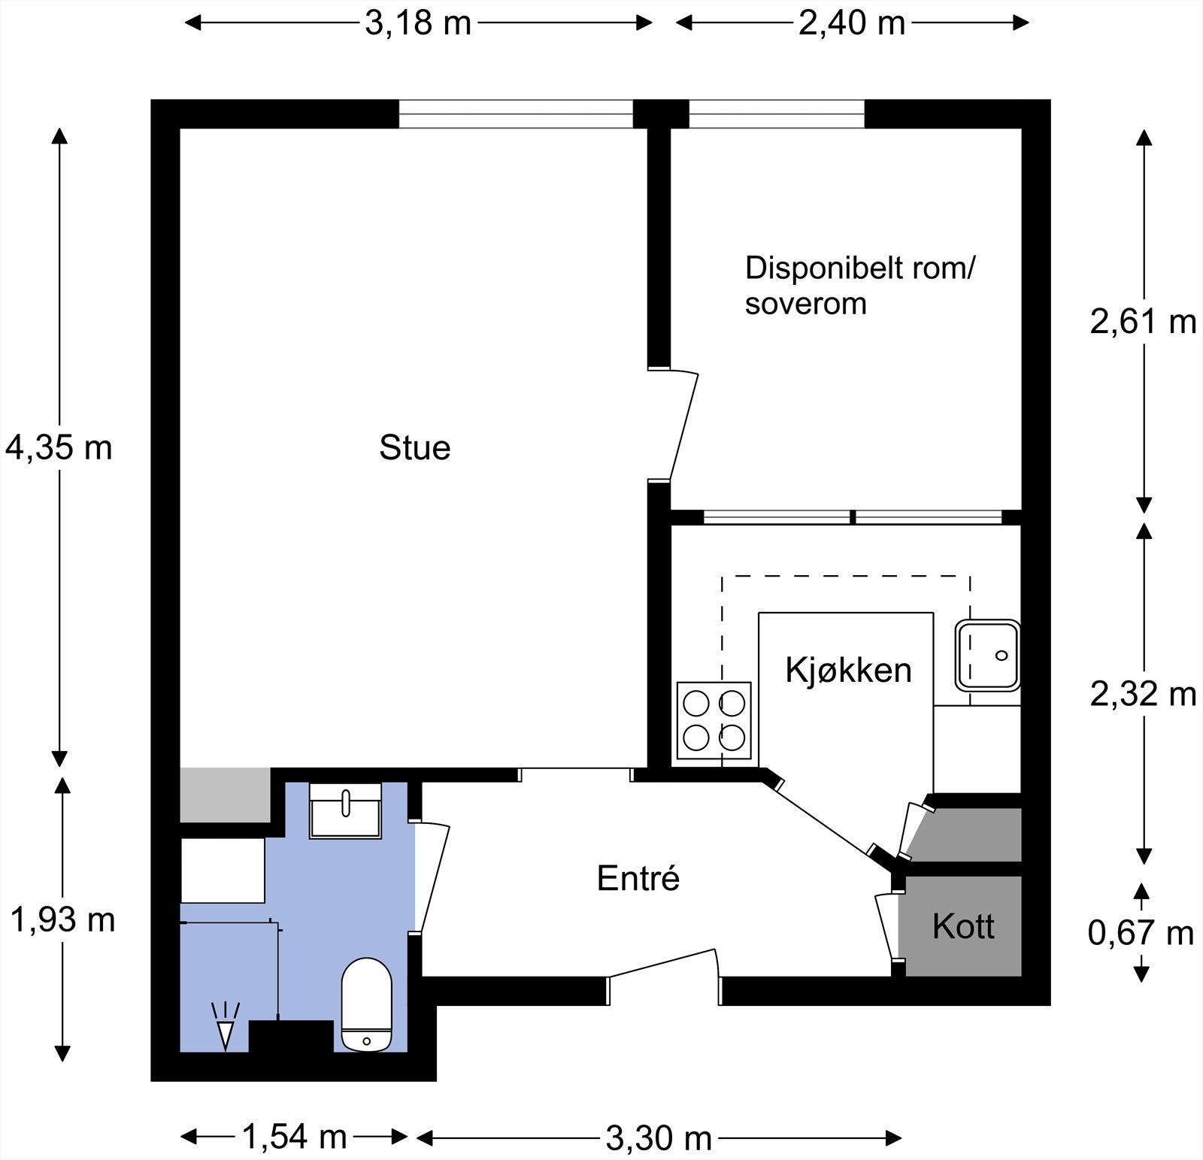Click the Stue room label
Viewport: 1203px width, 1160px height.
[414, 448]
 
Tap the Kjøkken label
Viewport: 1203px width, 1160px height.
[848, 670]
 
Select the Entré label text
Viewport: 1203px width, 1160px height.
[638, 878]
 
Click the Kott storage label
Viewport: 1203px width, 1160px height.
[962, 926]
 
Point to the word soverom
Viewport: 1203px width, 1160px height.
[805, 304]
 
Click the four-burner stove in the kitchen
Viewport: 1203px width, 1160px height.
[714, 720]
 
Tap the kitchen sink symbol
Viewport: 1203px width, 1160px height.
[987, 655]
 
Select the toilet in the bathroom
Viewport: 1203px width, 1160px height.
[367, 1004]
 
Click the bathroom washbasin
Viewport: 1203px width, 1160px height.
[346, 810]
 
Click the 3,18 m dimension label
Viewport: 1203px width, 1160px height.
[417, 23]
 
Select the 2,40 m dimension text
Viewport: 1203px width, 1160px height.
[851, 23]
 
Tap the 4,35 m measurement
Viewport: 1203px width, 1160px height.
[59, 448]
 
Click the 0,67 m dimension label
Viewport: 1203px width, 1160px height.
[1141, 933]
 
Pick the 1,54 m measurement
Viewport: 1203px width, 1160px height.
[294, 1137]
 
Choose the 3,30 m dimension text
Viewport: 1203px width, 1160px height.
[659, 1138]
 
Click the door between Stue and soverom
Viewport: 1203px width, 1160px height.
[683, 425]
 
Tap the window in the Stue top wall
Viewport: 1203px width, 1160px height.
[516, 114]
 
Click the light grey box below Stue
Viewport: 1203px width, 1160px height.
[225, 795]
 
